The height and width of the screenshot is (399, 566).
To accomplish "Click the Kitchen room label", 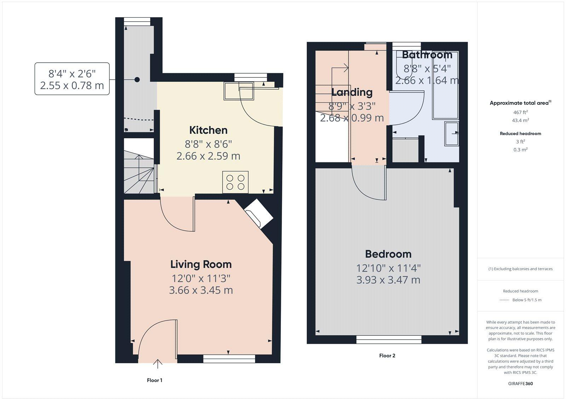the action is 208,130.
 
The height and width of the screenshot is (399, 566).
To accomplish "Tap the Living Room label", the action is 201,264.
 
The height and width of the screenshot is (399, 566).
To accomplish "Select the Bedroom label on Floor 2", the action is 388,254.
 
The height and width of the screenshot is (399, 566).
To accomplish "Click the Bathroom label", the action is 427,54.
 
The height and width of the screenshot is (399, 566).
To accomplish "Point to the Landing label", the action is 352,92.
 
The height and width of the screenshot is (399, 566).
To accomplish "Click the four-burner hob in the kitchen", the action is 235,182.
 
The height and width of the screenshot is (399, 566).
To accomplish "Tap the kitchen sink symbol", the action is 239,91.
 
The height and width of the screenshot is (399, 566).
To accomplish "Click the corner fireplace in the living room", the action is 258,214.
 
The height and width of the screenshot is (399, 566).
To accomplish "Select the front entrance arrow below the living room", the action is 158,364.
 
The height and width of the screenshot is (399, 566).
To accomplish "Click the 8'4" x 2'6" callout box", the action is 72,79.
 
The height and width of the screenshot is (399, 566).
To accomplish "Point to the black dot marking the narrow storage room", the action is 137,80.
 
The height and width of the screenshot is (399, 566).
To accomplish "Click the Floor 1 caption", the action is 154,380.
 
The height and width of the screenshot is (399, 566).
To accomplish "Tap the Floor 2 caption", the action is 387,355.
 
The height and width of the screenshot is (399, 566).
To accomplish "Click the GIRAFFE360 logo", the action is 520,383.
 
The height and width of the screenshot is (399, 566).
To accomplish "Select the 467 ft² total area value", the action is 520,112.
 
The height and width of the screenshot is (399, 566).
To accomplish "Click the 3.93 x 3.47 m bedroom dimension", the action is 388,280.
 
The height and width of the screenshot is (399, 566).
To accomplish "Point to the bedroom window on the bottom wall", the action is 389,339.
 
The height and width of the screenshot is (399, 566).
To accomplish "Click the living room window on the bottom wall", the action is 229,359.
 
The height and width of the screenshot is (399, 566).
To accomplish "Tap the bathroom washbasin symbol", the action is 451,134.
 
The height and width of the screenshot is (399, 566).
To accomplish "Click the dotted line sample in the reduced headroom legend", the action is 504,300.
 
